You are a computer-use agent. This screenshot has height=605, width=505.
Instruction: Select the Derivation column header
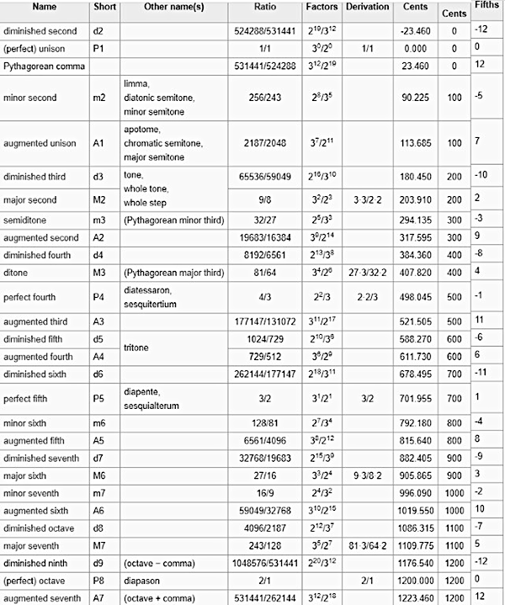click(367, 7)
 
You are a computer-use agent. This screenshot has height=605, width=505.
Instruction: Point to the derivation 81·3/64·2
click(367, 545)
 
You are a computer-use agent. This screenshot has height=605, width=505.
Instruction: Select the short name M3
click(99, 272)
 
